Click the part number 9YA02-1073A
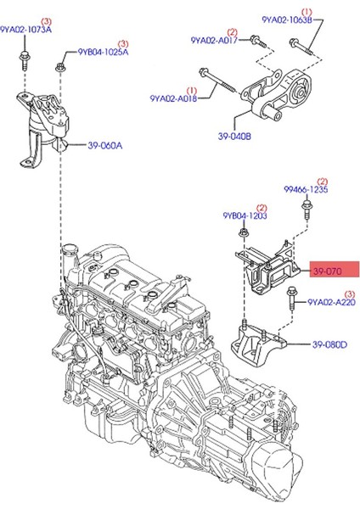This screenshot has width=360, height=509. [x=25, y=30]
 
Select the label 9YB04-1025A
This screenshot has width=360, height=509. [x=103, y=52]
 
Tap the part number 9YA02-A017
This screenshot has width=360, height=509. [x=214, y=39]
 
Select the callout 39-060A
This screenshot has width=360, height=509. [x=104, y=145]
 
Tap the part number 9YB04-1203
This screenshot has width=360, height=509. [x=245, y=216]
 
